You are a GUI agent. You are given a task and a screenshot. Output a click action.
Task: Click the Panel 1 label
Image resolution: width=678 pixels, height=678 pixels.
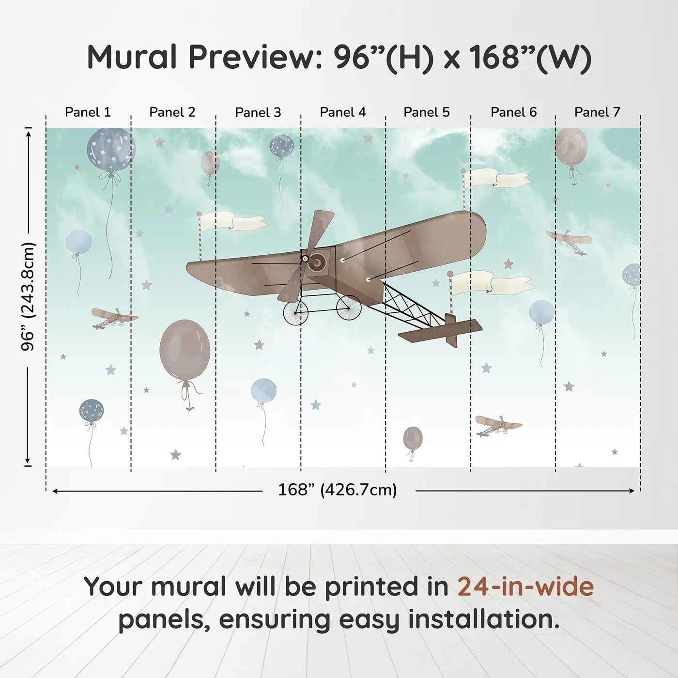point(88,112)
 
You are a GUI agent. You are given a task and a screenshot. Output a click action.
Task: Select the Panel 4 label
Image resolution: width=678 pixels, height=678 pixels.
point(343,112)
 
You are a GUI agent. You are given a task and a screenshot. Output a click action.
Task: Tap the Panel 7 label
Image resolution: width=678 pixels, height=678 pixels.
point(597,112)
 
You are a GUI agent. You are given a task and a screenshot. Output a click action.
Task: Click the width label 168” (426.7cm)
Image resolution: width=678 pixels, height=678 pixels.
point(338,490)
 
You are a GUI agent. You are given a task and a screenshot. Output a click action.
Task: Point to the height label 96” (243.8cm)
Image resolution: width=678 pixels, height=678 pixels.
point(28,296)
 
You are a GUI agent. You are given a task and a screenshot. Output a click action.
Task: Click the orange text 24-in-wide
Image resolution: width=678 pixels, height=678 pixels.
point(525,586)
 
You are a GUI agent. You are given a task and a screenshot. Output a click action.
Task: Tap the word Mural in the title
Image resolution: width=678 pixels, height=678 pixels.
point(132,57)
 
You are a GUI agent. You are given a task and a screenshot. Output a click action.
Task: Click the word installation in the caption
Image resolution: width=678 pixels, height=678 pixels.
point(483,619)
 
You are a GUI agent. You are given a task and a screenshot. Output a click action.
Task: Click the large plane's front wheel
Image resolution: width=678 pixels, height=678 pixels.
point(296,312)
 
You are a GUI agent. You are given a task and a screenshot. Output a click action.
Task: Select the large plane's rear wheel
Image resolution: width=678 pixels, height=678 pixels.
point(349,308)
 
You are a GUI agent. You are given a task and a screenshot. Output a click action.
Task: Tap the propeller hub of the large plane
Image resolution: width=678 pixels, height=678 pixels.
point(305,259)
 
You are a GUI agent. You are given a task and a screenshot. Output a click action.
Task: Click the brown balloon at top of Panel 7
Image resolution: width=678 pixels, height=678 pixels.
point(571,147)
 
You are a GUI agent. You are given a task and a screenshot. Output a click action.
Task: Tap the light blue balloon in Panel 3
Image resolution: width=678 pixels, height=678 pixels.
point(263,391)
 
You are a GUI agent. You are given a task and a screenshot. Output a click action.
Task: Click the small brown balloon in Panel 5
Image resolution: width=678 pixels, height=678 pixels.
point(413,438)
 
